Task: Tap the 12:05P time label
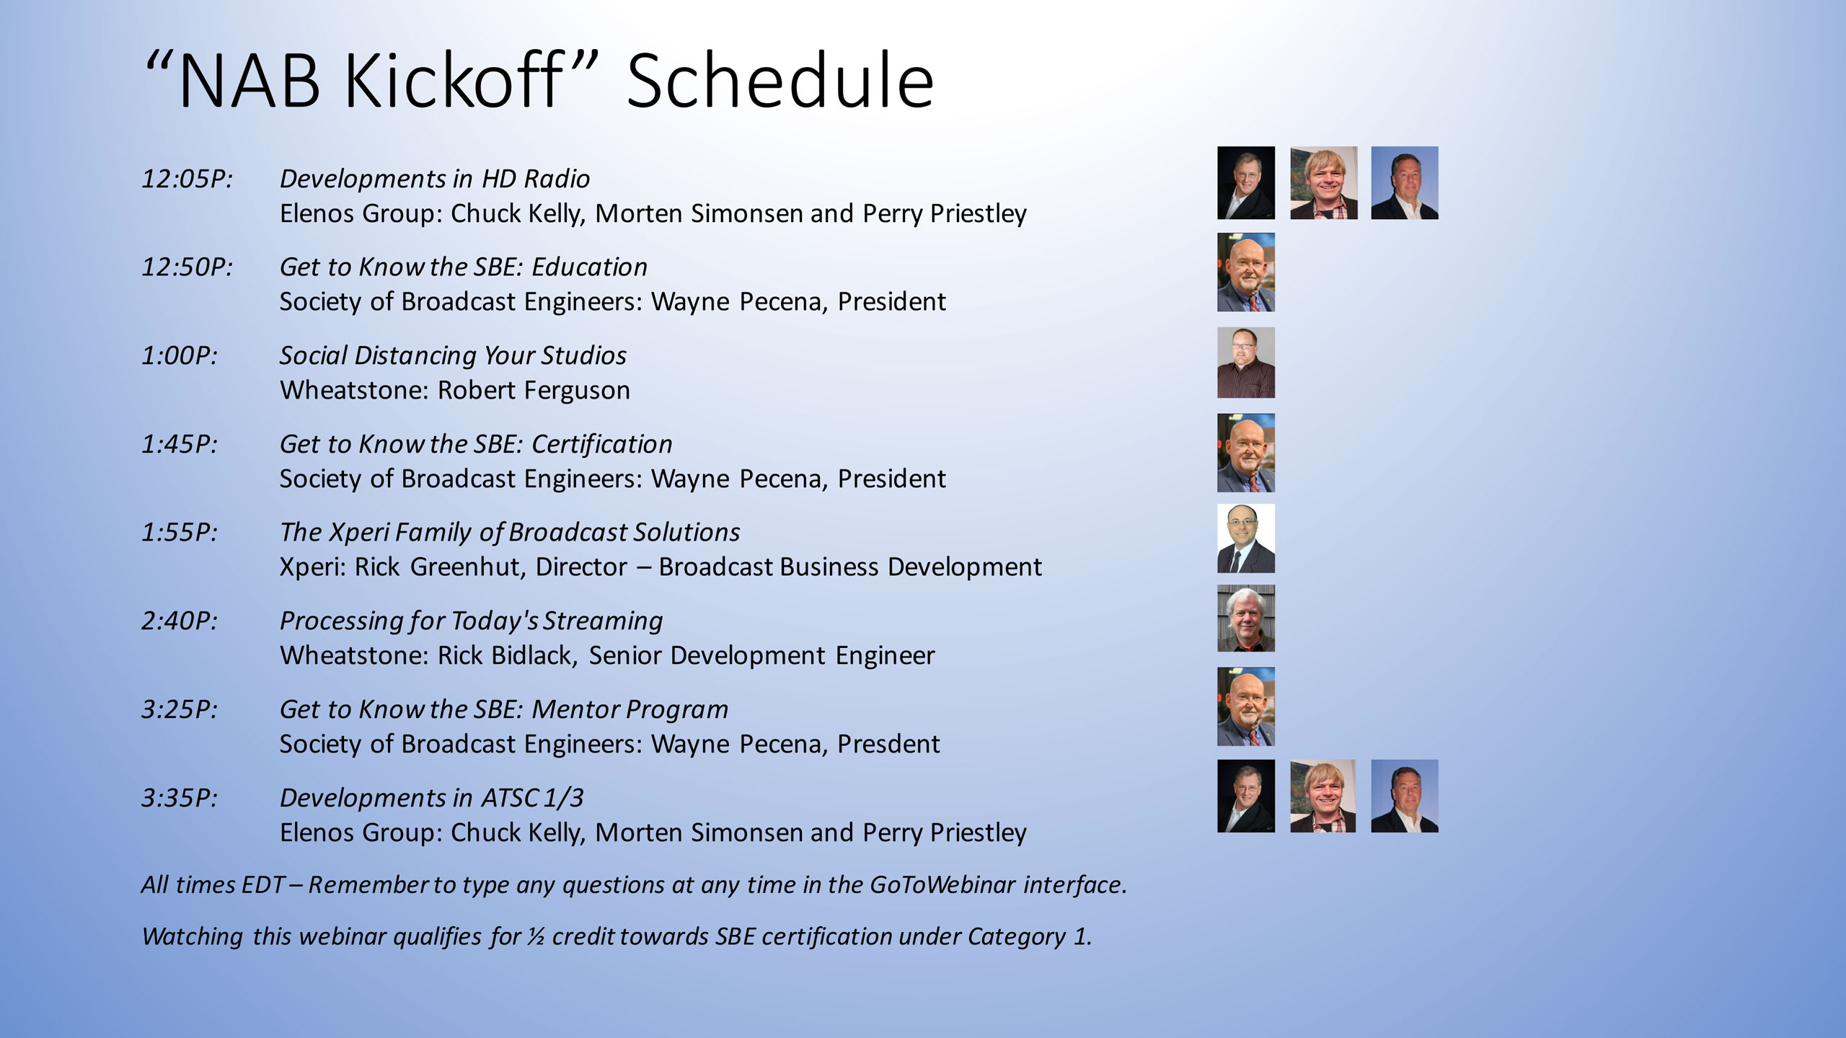click(x=187, y=179)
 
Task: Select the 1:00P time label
click(x=179, y=355)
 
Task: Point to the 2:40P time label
click(x=179, y=621)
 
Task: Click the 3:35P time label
click(x=179, y=798)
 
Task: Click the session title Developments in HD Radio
click(x=435, y=179)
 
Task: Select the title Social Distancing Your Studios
click(x=453, y=356)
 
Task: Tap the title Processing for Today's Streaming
click(x=471, y=621)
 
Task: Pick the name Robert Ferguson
click(x=534, y=391)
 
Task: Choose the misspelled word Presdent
click(x=888, y=744)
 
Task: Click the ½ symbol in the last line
click(x=535, y=936)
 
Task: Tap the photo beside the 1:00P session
click(x=1246, y=363)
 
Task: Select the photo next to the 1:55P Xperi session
click(x=1246, y=538)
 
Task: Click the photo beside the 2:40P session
click(x=1246, y=618)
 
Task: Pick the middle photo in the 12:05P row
click(x=1324, y=183)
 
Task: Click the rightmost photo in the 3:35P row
click(x=1405, y=796)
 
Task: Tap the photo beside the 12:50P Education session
click(x=1246, y=272)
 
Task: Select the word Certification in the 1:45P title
click(x=602, y=445)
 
